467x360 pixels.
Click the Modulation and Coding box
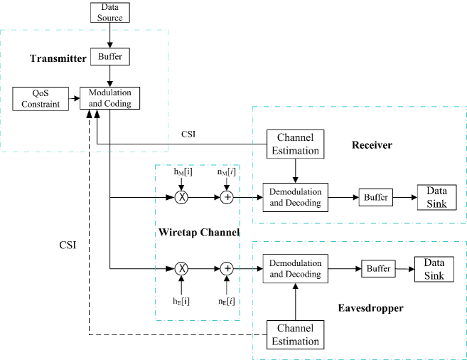coord(109,98)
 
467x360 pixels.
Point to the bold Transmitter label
coord(58,58)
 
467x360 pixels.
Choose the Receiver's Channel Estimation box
coord(294,144)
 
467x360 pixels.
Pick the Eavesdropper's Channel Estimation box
coord(294,335)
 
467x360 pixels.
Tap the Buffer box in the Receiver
coord(375,197)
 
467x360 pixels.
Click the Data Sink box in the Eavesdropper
coord(434,269)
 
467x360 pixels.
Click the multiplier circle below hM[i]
coord(182,197)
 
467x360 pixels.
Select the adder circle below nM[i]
coord(226,197)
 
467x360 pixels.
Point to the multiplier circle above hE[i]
coord(182,268)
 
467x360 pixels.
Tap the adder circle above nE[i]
coord(226,268)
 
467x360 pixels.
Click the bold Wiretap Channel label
coord(198,232)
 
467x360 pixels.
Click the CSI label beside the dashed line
coord(68,245)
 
